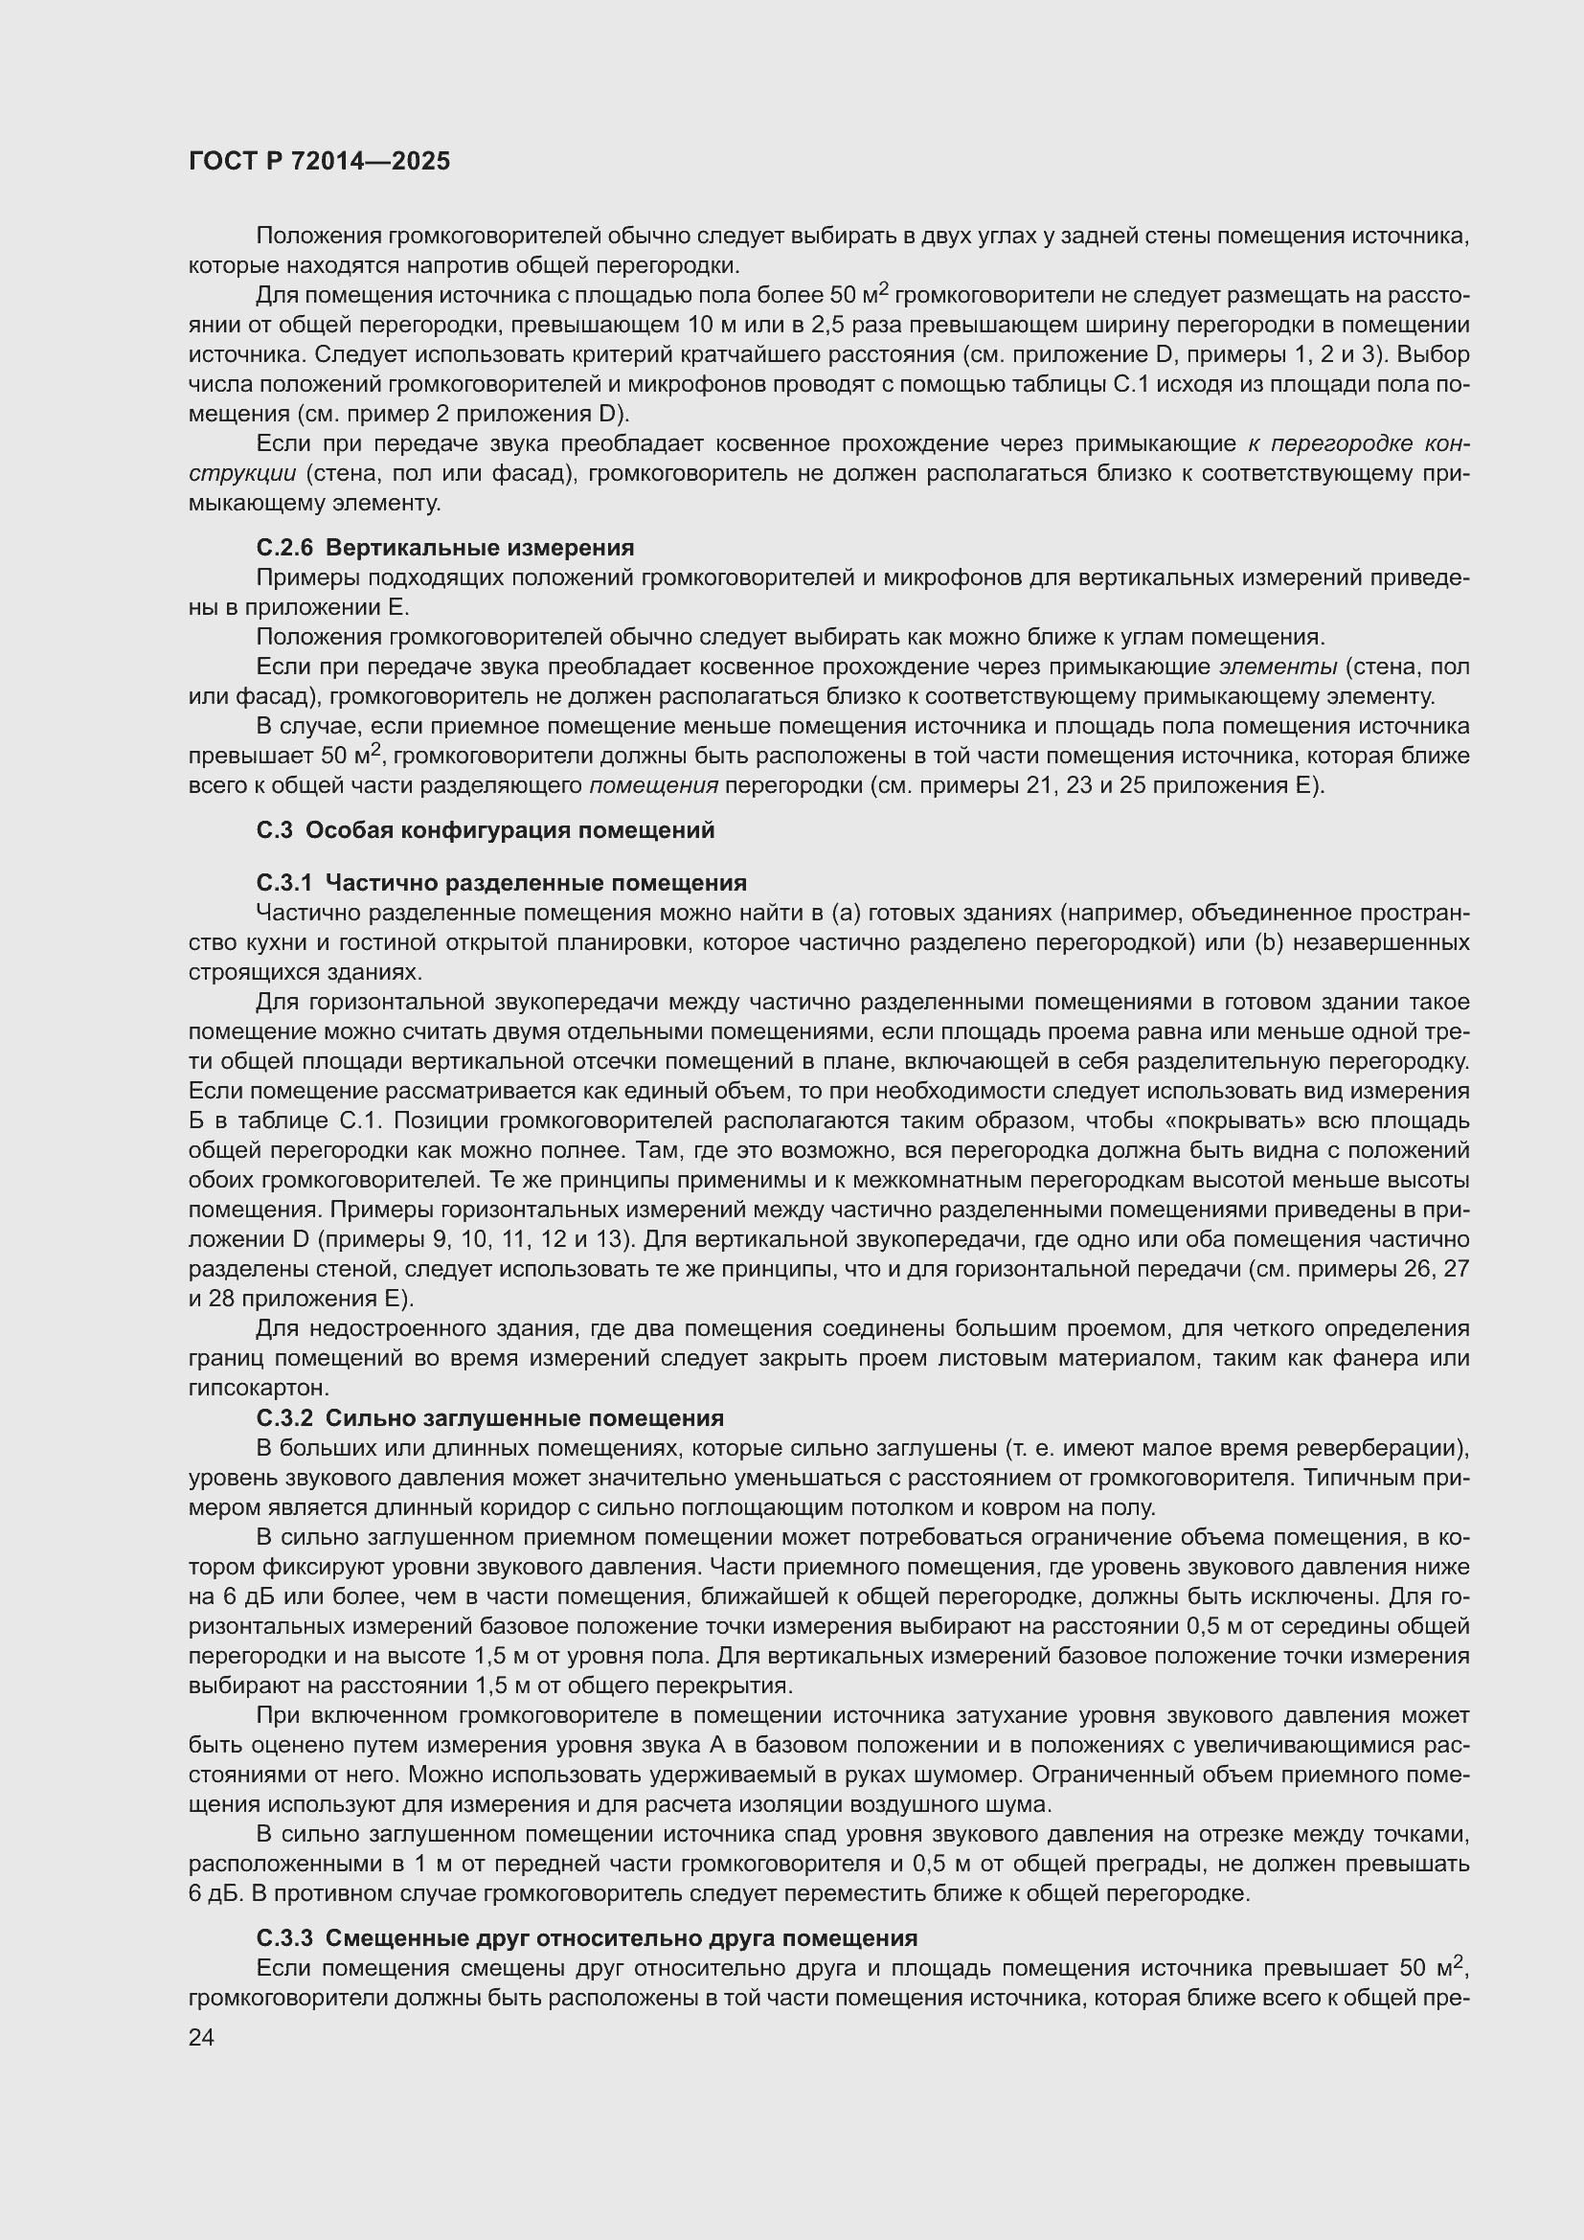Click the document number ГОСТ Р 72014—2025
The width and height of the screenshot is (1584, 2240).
point(319,162)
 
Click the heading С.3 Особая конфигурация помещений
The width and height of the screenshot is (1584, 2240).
point(485,830)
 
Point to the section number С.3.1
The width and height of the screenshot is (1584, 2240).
point(283,883)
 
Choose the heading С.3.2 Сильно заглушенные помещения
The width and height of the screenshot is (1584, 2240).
point(489,1417)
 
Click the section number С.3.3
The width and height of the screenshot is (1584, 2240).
point(283,1937)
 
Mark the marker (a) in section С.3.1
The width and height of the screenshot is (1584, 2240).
point(845,914)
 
